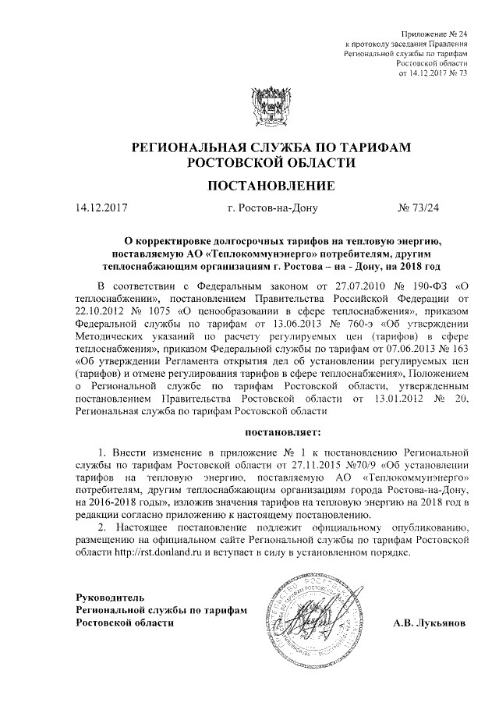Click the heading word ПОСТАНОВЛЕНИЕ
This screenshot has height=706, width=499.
(x=271, y=186)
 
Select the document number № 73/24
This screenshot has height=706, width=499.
(x=419, y=208)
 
